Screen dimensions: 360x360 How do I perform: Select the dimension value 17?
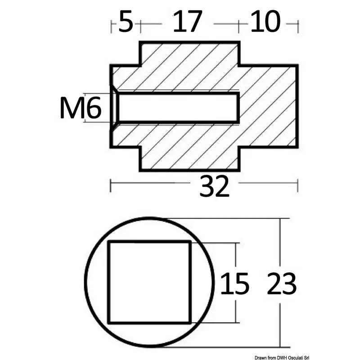tap(188, 22)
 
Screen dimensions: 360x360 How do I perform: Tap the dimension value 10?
tap(265, 22)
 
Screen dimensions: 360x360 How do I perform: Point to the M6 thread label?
tap(81, 108)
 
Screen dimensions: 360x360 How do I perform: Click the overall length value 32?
tap(215, 186)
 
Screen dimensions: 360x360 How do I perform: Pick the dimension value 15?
tap(234, 283)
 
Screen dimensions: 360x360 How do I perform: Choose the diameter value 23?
tap(282, 283)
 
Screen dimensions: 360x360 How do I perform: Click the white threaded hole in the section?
tap(178, 107)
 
